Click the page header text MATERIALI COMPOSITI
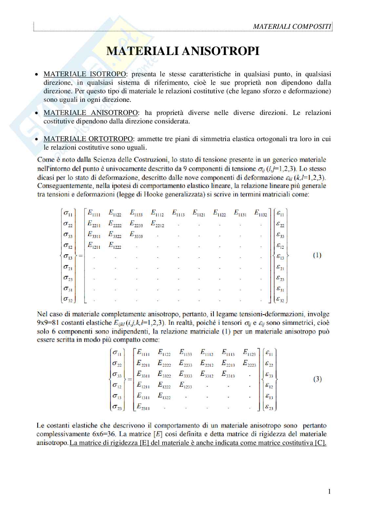tap(292, 27)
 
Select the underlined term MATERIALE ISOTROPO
tap(84, 74)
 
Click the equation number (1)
tap(317, 255)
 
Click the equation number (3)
tap(317, 379)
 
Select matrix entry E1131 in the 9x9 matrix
tap(240, 213)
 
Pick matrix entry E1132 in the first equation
tap(261, 213)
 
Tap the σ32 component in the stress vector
tap(68, 299)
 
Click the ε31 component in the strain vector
tap(280, 289)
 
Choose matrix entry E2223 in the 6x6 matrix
tap(249, 363)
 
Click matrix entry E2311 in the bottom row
tap(143, 407)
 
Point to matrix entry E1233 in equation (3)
tap(185, 385)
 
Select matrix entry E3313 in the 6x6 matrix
tap(228, 374)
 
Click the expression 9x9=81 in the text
tap(48, 323)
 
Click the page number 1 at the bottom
tap(329, 491)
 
